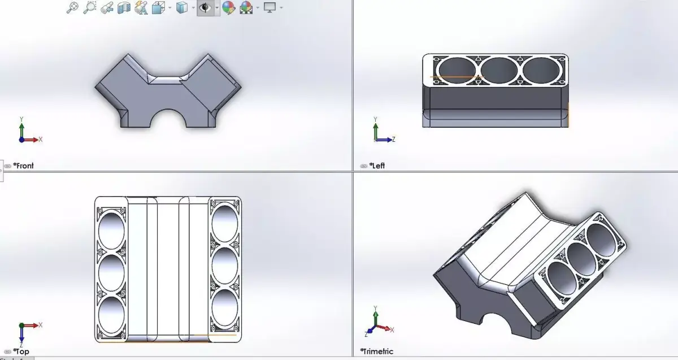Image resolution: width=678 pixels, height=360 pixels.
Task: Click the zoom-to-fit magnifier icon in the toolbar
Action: click(72, 7)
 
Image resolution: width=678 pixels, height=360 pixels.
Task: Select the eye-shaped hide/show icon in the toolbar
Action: click(206, 7)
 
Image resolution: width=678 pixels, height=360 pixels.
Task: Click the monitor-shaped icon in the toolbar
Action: click(270, 7)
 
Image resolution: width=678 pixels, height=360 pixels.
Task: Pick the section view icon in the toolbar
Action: click(124, 8)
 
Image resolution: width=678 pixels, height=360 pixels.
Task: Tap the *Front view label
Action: click(24, 166)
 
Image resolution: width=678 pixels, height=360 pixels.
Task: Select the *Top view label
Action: click(21, 352)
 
